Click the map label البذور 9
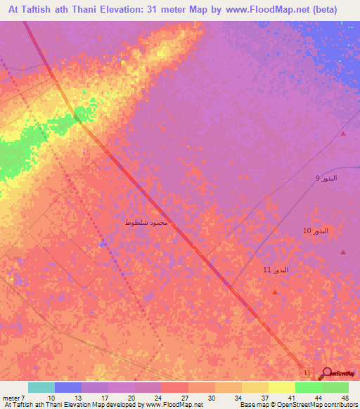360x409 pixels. pyautogui.click(x=326, y=178)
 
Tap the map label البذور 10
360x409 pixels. pyautogui.click(x=316, y=231)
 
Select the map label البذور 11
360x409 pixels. pyautogui.click(x=276, y=270)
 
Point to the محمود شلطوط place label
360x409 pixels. pyautogui.click(x=146, y=223)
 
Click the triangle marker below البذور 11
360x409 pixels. pyautogui.click(x=275, y=292)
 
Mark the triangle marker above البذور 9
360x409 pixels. pyautogui.click(x=343, y=134)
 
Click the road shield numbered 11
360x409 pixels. pyautogui.click(x=306, y=370)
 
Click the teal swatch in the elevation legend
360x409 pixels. pyautogui.click(x=41, y=387)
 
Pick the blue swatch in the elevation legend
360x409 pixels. pyautogui.click(x=68, y=387)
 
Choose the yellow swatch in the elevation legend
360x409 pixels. pyautogui.click(x=281, y=387)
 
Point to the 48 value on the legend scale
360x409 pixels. pyautogui.click(x=345, y=397)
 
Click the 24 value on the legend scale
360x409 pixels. pyautogui.click(x=161, y=397)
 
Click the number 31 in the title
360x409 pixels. pyautogui.click(x=155, y=10)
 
